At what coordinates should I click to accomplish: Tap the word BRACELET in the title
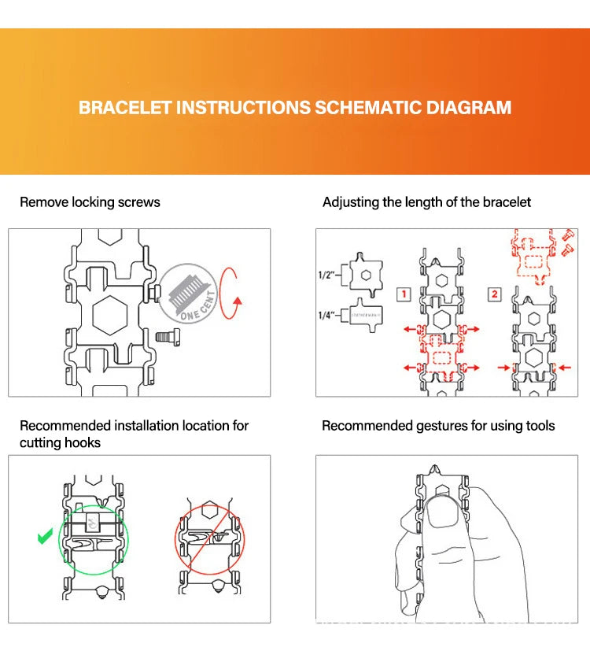(125, 108)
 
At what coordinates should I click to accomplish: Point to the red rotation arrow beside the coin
(230, 293)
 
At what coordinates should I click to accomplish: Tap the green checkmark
(44, 538)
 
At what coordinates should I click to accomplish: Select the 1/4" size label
(325, 316)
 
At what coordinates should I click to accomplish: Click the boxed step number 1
(402, 295)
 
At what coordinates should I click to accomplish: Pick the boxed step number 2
(493, 294)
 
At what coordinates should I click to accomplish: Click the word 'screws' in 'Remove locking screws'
(139, 202)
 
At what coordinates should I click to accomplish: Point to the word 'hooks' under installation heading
(82, 443)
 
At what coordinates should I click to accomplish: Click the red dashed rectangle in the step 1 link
(441, 357)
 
